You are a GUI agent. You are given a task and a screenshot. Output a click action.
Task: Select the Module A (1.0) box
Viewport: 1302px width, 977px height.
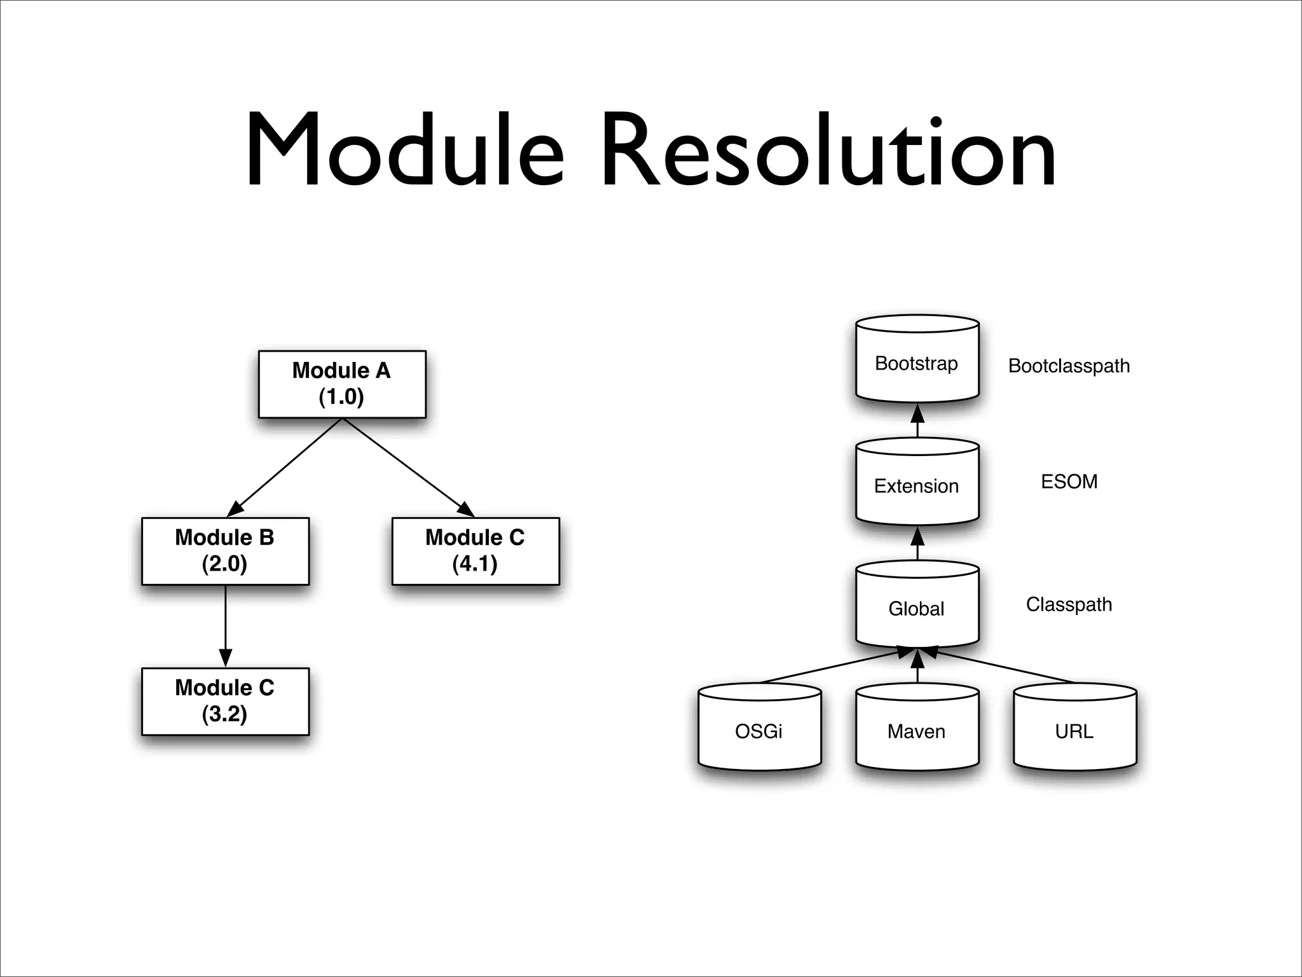(x=342, y=384)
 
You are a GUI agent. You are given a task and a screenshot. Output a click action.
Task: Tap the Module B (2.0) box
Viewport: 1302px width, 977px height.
(x=225, y=551)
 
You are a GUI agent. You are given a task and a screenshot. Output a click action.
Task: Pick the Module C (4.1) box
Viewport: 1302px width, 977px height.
(x=476, y=551)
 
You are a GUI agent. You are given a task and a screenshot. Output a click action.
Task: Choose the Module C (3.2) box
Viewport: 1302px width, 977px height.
(x=225, y=701)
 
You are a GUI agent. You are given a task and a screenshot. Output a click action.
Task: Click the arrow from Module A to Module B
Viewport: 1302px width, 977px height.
(x=285, y=467)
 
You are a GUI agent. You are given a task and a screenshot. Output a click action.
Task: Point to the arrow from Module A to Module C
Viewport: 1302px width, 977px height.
(x=408, y=467)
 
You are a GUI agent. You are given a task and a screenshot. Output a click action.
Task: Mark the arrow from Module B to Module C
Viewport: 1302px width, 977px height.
(x=225, y=626)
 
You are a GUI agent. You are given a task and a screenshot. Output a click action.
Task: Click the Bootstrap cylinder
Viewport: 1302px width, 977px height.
(x=917, y=363)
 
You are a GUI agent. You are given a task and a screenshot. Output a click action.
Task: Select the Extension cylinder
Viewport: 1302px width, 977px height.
(x=917, y=485)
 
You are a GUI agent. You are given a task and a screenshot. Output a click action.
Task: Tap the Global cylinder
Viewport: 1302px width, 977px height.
(x=917, y=607)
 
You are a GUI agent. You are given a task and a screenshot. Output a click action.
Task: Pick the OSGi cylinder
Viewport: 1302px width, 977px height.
(x=759, y=730)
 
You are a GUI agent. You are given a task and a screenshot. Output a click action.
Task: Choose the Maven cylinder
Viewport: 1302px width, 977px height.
(x=917, y=730)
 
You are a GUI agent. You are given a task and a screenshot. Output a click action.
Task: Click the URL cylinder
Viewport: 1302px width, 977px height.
(x=1074, y=730)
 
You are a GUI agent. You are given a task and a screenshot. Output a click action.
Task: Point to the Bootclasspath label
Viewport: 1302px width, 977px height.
(x=1069, y=366)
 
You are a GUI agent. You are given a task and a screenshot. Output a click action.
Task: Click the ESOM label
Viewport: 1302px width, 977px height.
(x=1069, y=482)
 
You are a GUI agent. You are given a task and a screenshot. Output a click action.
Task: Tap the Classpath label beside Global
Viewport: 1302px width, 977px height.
(x=1069, y=604)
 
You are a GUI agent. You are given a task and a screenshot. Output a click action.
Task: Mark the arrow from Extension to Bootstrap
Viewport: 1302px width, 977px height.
(x=917, y=420)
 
